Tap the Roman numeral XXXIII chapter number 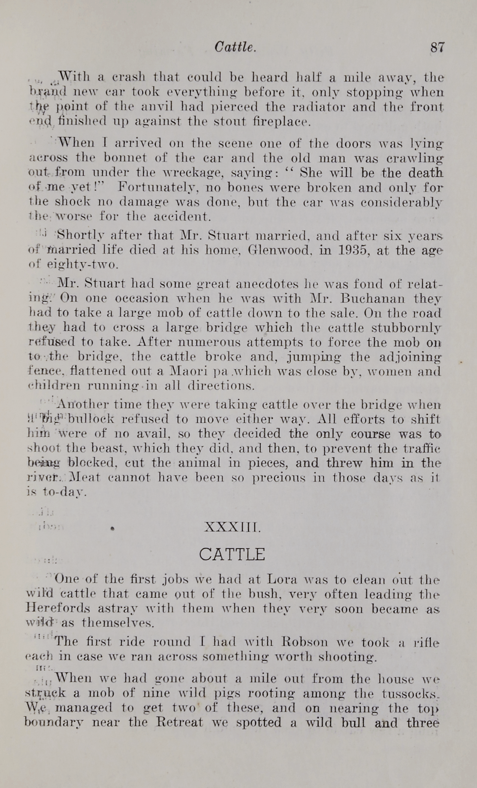pos(232,527)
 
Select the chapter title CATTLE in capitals pos(232,554)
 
